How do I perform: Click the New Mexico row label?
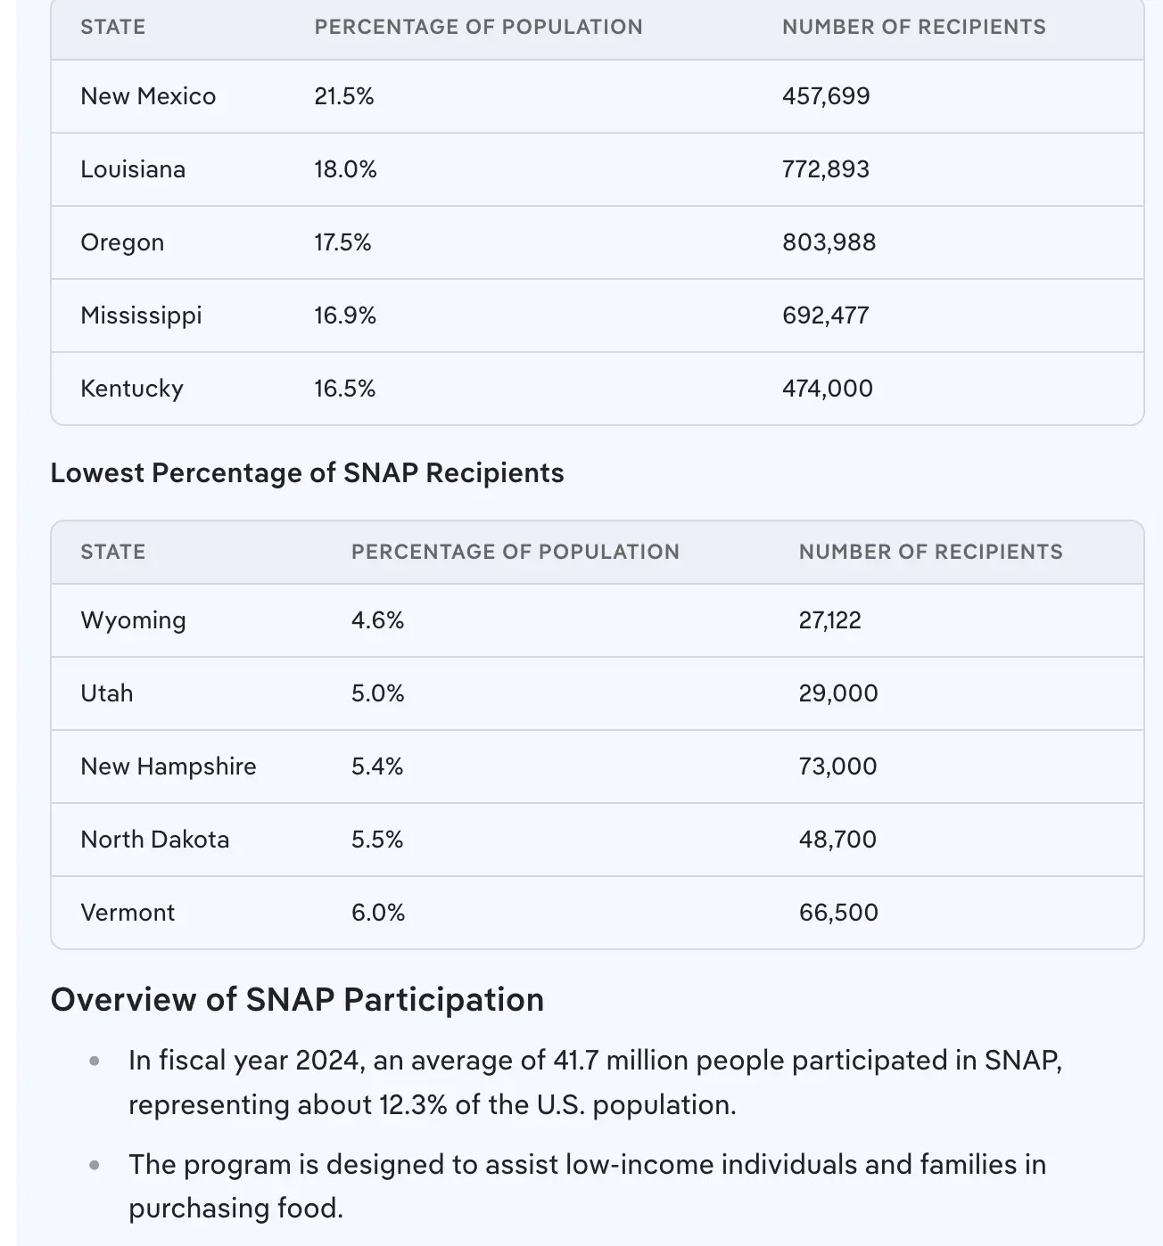(148, 96)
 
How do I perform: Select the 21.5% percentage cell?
(343, 96)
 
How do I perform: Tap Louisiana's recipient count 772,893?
(825, 169)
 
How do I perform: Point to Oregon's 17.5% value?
(342, 242)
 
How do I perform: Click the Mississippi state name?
(141, 316)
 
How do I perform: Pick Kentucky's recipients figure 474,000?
(827, 389)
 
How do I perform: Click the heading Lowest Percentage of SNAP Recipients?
(307, 472)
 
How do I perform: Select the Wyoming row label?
(133, 620)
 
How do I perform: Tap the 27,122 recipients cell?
(829, 620)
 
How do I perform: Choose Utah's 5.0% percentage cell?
(377, 693)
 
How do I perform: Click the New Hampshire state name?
(168, 766)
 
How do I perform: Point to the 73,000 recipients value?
(837, 766)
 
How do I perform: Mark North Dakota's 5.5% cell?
(377, 840)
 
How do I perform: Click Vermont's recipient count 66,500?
(838, 913)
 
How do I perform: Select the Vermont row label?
(128, 913)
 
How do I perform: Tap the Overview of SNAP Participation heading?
(297, 1000)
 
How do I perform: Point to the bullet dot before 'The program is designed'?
(95, 1165)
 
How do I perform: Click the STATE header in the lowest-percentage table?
(112, 552)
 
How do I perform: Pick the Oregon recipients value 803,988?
(829, 242)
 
